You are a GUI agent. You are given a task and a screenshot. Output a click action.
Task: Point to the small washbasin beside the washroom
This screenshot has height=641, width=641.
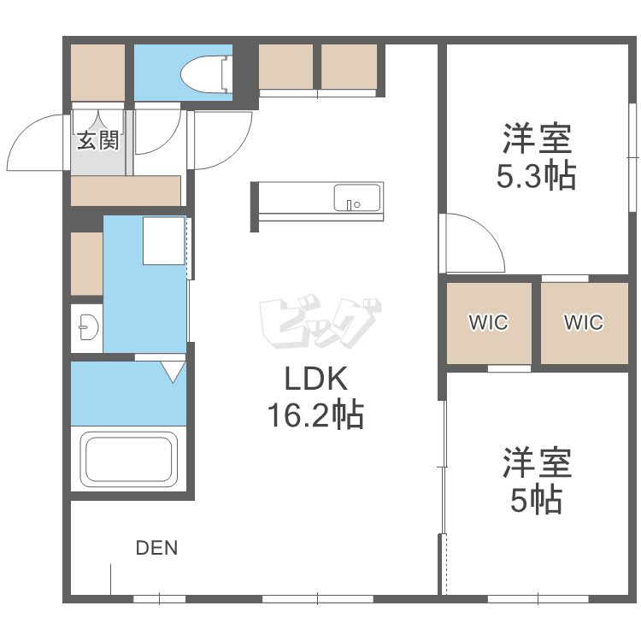pyautogui.click(x=86, y=326)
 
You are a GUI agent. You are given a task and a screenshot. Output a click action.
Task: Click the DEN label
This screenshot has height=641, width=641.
pyautogui.click(x=157, y=548)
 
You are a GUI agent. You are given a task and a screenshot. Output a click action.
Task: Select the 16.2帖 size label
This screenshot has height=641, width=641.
pyautogui.click(x=315, y=416)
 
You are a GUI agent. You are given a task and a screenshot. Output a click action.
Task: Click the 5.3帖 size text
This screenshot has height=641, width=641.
pyautogui.click(x=536, y=175)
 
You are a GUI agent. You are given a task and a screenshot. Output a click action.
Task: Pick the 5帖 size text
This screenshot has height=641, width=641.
pyautogui.click(x=536, y=497)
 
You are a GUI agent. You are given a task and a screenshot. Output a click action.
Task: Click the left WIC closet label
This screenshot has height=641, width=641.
pyautogui.click(x=488, y=323)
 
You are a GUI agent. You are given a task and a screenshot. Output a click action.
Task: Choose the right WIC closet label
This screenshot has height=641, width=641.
pyautogui.click(x=584, y=323)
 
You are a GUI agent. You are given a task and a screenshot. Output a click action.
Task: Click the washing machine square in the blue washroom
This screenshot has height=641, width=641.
pyautogui.click(x=163, y=241)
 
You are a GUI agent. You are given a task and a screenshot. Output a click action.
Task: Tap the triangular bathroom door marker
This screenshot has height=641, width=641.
pyautogui.click(x=173, y=371)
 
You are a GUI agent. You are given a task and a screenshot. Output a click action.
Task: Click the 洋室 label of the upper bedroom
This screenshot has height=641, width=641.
pyautogui.click(x=536, y=137)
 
